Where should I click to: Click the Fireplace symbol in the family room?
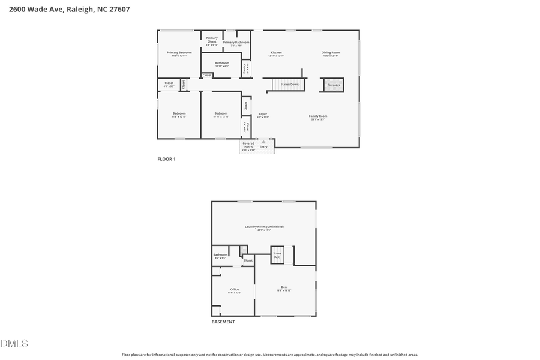pos(334,85)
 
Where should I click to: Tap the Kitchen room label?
pos(276,53)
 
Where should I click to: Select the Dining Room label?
pos(331,53)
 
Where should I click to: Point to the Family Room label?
pos(318,116)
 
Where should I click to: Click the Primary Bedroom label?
pos(179,53)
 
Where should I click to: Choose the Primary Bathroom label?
pos(236,43)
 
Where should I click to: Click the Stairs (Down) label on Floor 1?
pos(290,85)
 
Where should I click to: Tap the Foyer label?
pos(263,114)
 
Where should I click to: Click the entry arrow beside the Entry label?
pos(263,142)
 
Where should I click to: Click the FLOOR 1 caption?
pos(166,159)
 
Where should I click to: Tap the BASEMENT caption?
pos(223,322)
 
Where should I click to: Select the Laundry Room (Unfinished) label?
pos(264,227)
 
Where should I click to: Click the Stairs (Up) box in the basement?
pos(277,255)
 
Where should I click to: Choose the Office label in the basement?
pos(235,290)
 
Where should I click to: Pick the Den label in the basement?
pos(284,287)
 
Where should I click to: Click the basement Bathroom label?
pos(220,255)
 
